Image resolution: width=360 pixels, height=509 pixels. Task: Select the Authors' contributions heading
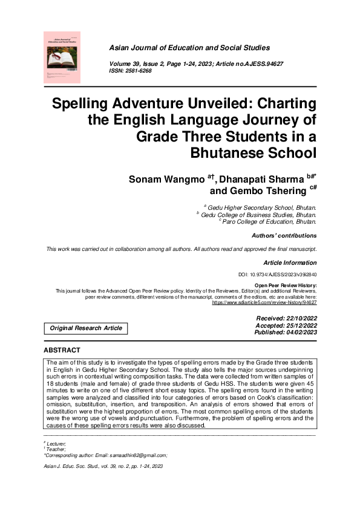(283, 236)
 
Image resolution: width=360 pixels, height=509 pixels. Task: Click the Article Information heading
(290, 263)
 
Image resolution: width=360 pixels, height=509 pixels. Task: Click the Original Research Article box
(85, 328)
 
